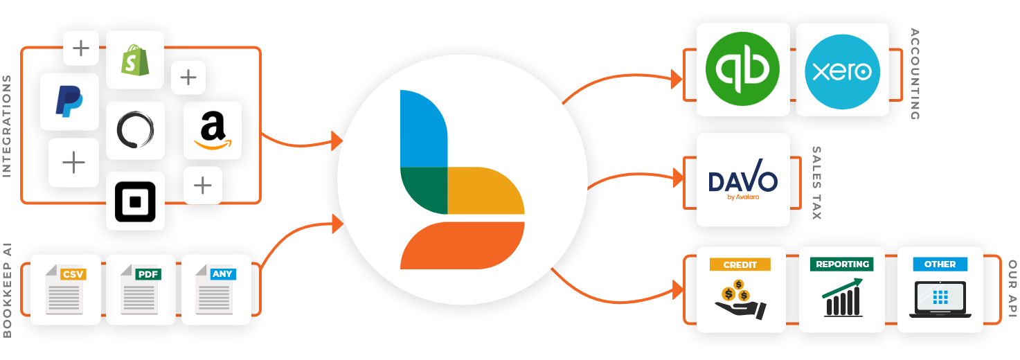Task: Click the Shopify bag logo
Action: tap(134, 60)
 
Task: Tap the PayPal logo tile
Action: tap(69, 102)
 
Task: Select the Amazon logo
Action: tap(213, 131)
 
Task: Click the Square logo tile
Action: tap(135, 201)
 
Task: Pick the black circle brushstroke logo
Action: tap(135, 130)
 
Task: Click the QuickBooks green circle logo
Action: tap(742, 69)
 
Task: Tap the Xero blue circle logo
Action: tap(842, 69)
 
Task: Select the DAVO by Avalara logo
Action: tap(742, 181)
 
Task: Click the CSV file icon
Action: tap(67, 290)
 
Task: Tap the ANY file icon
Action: tap(217, 290)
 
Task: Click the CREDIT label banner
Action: tap(740, 264)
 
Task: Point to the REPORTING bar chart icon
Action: tap(842, 298)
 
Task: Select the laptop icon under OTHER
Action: tap(940, 299)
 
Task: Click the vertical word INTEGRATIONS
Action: tap(7, 126)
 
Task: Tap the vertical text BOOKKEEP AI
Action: tap(7, 290)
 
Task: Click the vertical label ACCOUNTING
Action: tap(915, 73)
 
